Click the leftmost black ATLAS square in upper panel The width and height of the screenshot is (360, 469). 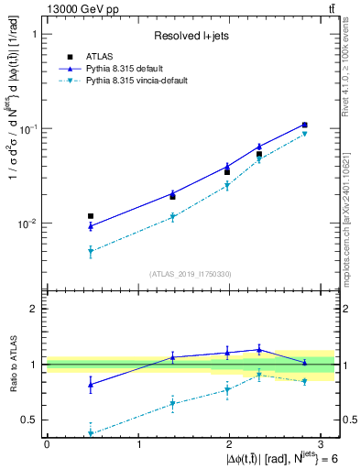[91, 216]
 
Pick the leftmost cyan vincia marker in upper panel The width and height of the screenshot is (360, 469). [91, 251]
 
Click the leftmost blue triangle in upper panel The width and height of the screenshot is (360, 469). [91, 225]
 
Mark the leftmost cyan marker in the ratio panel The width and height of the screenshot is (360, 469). [91, 433]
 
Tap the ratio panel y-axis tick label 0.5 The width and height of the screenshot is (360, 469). [31, 420]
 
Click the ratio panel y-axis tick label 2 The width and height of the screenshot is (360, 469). [36, 309]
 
